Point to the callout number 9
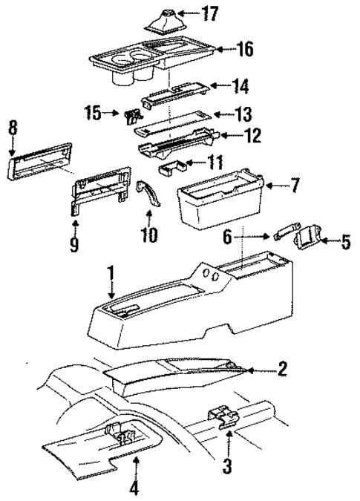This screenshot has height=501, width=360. pyautogui.click(x=74, y=244)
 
